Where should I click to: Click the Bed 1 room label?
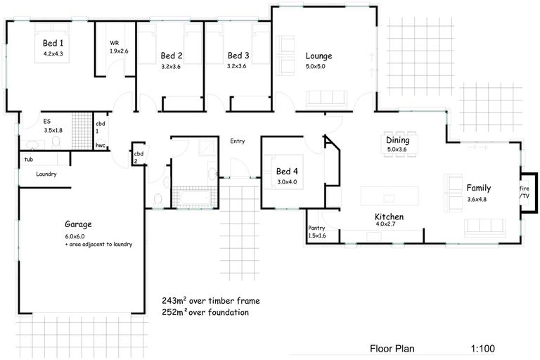[53, 43]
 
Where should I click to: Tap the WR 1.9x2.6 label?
[118, 46]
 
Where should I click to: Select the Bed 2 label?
[171, 56]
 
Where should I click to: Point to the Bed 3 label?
[238, 56]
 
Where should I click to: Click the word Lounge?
[318, 56]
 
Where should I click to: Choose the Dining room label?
[397, 140]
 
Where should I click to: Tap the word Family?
[478, 188]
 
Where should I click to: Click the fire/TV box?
[525, 193]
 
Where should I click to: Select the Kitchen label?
[389, 217]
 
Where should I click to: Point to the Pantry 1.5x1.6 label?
[318, 232]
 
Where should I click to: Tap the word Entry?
[238, 141]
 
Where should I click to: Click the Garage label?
[78, 225]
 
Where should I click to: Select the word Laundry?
[43, 174]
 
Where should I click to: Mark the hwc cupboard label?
[101, 146]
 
